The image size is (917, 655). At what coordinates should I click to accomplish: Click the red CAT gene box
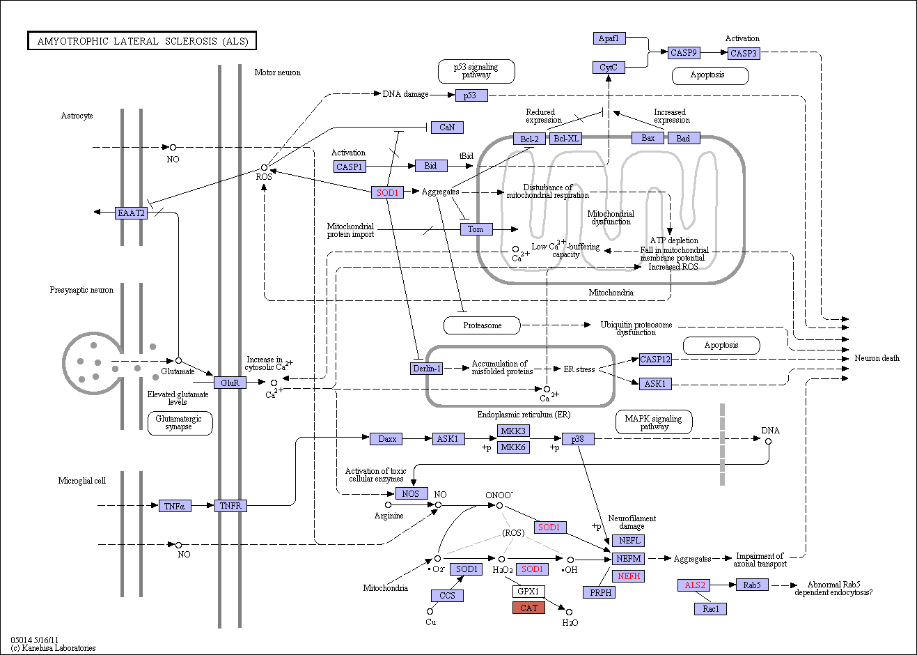(528, 608)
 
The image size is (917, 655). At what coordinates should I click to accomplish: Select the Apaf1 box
(609, 38)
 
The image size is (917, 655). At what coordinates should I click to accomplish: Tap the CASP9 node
(683, 53)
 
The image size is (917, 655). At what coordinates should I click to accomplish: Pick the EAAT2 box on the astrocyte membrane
(131, 213)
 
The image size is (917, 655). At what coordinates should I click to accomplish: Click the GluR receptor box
(230, 383)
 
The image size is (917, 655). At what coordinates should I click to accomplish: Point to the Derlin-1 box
(426, 368)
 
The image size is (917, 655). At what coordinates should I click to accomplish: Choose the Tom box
(476, 229)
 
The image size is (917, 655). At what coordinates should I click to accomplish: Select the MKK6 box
(513, 447)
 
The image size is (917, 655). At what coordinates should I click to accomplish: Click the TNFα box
(174, 506)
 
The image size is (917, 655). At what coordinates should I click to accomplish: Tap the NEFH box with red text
(628, 576)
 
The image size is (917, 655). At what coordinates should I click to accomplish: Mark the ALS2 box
(694, 585)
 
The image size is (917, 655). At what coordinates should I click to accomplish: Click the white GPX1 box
(528, 591)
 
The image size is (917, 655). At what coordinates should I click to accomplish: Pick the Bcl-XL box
(566, 139)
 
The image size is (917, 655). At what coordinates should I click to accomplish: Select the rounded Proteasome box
(482, 325)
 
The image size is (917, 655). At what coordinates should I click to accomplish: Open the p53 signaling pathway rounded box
(476, 71)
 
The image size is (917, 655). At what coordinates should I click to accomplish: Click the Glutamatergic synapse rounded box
(180, 423)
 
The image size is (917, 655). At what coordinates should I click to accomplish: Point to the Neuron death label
(877, 358)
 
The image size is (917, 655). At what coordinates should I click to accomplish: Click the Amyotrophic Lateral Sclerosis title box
(142, 40)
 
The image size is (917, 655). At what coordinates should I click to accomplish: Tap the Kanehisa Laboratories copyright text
(53, 647)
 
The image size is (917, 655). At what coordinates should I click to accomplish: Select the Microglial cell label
(82, 481)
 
